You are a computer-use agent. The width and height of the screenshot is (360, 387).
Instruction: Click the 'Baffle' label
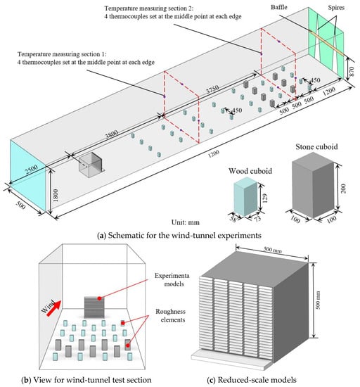(x=279, y=7)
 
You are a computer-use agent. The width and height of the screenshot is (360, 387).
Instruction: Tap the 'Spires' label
(x=336, y=8)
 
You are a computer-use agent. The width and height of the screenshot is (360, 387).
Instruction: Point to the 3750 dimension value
(x=212, y=90)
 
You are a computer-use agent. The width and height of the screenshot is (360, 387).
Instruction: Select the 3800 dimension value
(x=111, y=134)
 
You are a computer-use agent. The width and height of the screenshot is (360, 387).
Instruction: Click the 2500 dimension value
(x=32, y=170)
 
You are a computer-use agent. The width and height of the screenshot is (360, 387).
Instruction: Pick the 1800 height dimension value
(x=56, y=196)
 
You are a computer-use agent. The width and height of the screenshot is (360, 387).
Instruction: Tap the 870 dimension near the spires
(x=352, y=72)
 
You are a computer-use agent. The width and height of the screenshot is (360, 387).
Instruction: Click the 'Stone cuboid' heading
(x=316, y=147)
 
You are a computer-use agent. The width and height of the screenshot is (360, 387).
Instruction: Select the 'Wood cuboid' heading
(x=250, y=171)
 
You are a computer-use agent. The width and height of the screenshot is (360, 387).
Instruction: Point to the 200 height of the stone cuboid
(x=344, y=189)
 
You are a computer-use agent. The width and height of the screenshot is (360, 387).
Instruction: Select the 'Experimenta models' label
(x=172, y=279)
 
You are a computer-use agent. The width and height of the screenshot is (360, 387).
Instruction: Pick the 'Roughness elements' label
(x=170, y=316)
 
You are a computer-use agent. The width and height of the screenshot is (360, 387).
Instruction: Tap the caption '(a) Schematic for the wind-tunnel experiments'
(x=179, y=235)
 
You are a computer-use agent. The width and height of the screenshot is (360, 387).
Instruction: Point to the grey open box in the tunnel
(x=91, y=164)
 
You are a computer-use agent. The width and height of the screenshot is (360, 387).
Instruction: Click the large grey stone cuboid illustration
(x=313, y=185)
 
